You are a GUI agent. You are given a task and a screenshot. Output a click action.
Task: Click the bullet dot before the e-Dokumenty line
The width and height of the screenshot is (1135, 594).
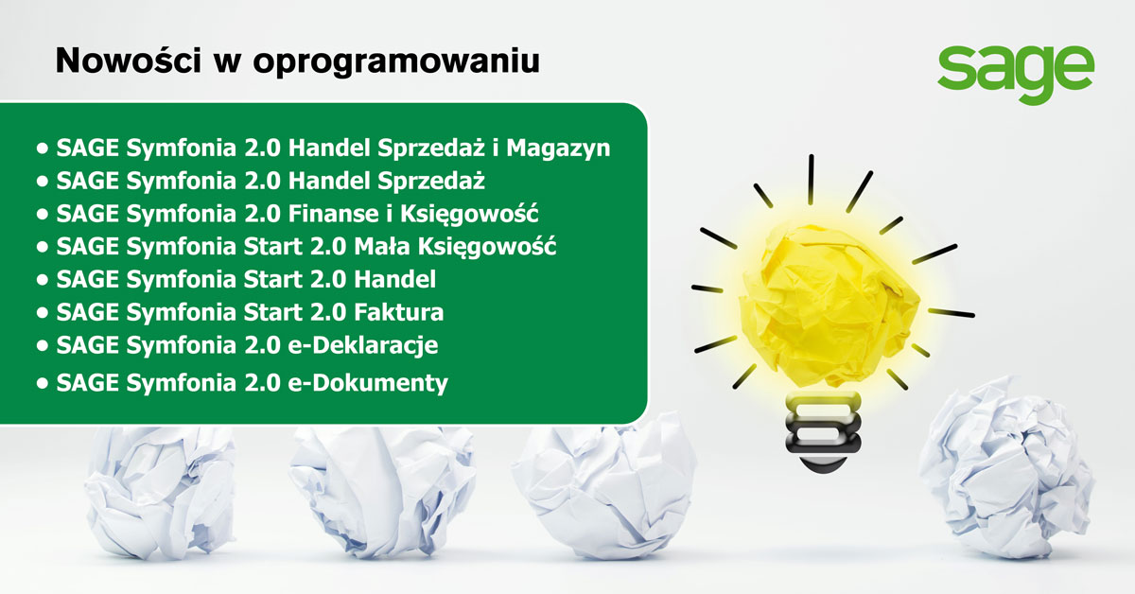click(x=41, y=383)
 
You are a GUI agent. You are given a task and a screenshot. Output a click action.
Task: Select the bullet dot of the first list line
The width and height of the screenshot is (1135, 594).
click(x=41, y=148)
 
